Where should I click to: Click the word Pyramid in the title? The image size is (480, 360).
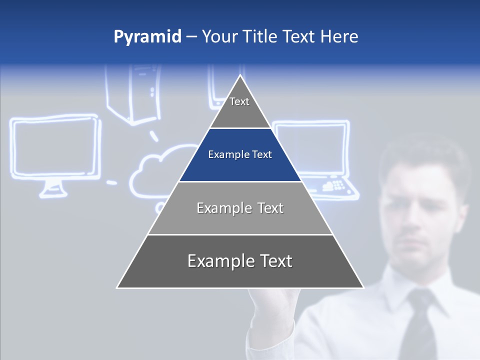[x=147, y=37]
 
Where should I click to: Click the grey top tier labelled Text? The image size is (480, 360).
[x=240, y=107]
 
